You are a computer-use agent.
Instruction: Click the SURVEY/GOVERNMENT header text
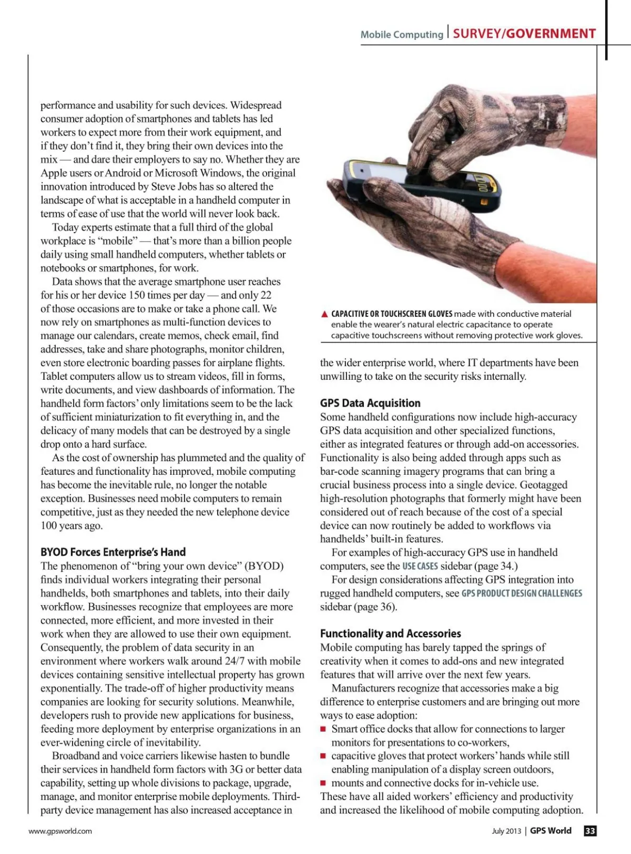pyautogui.click(x=524, y=34)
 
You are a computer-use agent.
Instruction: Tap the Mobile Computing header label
pyautogui.click(x=402, y=35)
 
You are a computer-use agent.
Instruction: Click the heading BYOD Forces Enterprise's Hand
pyautogui.click(x=113, y=552)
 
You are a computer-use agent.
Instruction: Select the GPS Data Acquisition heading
pyautogui.click(x=370, y=403)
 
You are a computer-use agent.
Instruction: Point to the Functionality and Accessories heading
pyautogui.click(x=390, y=633)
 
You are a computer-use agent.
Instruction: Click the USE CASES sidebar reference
pyautogui.click(x=420, y=566)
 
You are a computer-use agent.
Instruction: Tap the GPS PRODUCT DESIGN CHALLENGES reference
pyautogui.click(x=522, y=593)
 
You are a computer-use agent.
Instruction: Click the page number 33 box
pyautogui.click(x=590, y=831)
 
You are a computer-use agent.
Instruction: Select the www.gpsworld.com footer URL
pyautogui.click(x=60, y=831)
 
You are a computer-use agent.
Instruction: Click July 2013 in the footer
pyautogui.click(x=506, y=831)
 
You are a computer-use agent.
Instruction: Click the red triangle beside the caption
pyautogui.click(x=324, y=314)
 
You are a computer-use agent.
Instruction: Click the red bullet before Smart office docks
pyautogui.click(x=324, y=729)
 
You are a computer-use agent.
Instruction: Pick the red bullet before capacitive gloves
pyautogui.click(x=324, y=756)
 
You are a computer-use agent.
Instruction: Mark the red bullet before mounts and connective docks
pyautogui.click(x=324, y=783)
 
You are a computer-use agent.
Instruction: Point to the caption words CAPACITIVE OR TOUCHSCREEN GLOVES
pyautogui.click(x=391, y=314)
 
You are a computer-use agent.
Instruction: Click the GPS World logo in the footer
pyautogui.click(x=550, y=831)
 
